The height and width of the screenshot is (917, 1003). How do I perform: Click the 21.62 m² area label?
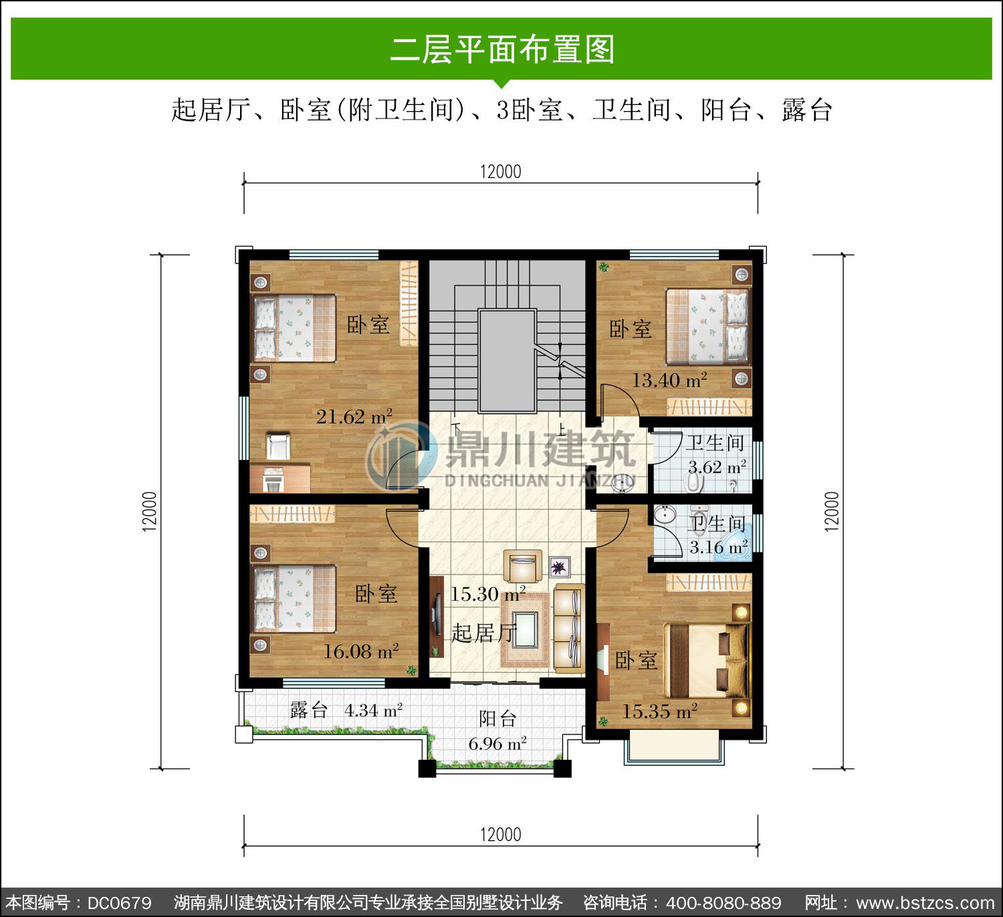coord(354,416)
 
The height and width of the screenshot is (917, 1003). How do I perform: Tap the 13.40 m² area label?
coord(669,380)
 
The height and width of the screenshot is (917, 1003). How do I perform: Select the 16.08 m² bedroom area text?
coord(361,651)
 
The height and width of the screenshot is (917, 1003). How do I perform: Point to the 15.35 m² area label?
coord(659,711)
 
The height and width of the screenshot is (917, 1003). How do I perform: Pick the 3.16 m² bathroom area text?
coord(719,547)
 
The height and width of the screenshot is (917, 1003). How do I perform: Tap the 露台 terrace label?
coord(308,710)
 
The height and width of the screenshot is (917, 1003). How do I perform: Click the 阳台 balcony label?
coord(497,719)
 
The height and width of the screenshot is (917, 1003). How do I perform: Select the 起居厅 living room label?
coord(483,633)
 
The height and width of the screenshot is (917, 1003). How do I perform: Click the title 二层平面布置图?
coord(502,49)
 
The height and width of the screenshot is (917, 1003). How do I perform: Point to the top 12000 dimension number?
coord(501,172)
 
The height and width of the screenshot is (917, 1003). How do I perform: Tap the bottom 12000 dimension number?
coord(501,835)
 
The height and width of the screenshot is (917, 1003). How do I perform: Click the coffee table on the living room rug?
coord(524,630)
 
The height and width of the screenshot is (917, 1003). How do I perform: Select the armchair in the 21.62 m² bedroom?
coord(278,447)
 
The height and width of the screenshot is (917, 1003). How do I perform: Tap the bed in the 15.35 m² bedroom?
coord(707,660)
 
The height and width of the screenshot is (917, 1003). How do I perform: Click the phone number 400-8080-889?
coord(723,903)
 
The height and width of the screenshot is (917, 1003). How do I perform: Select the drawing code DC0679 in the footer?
coord(120,903)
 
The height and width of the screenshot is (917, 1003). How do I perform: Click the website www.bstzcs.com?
coord(925,903)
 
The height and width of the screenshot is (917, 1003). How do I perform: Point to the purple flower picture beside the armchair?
coord(560,567)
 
